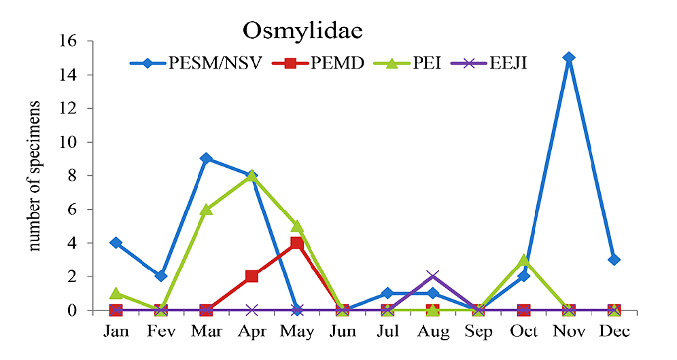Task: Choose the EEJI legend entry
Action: coord(506,63)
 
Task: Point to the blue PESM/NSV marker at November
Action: coord(568,58)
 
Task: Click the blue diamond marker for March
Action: coord(206,159)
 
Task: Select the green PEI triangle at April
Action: coord(251,175)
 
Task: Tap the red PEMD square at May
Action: coord(297,242)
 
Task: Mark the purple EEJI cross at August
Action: coord(433,276)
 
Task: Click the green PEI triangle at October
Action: coord(523,260)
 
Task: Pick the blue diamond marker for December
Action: coord(614,259)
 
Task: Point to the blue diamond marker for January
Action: coord(116,242)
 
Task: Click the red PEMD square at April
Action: coord(251,276)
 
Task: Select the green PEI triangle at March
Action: coord(206,209)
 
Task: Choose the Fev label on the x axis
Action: coord(161,331)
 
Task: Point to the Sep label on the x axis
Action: coord(478,331)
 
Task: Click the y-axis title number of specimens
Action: coord(35,177)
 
